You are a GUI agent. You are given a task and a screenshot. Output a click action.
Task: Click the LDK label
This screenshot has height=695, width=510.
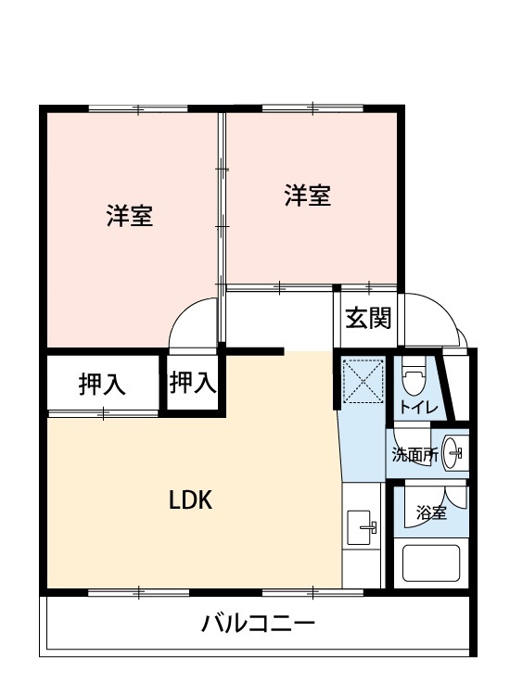point(191,499)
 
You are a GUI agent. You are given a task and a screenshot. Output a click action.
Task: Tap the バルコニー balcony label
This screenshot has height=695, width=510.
point(258,624)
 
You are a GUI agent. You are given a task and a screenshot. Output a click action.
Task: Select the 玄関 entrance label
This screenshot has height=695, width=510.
point(368,318)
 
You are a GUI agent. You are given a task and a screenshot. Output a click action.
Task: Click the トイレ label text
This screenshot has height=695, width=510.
point(418,407)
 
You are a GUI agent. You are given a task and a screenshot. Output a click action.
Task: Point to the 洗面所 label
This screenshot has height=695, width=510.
point(415,455)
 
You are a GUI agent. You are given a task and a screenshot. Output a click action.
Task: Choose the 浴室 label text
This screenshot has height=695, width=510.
point(430,512)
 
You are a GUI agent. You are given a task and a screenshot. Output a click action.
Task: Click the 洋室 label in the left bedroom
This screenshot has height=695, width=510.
point(130,216)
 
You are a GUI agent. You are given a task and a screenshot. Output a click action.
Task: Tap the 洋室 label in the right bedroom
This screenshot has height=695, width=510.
point(307,195)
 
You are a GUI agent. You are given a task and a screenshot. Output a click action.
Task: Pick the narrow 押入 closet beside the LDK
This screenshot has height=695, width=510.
point(193,383)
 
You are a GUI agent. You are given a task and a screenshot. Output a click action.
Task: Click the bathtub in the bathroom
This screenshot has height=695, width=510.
point(430,562)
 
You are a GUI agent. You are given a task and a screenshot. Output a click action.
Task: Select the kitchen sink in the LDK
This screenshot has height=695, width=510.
point(359,527)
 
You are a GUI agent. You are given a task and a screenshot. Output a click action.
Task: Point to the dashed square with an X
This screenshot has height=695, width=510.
point(363,381)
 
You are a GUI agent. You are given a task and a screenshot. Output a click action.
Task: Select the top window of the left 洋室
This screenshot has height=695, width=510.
point(138,108)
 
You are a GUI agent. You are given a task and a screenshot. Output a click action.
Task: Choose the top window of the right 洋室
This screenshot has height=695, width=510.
point(313,108)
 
